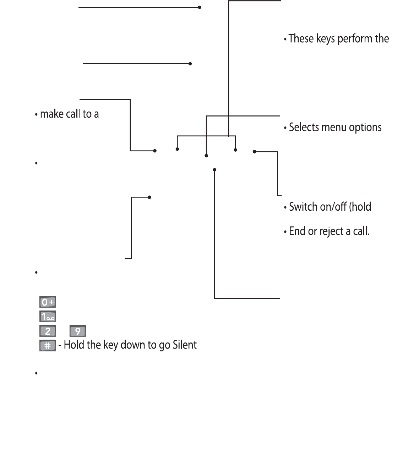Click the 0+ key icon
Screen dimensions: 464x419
tap(48, 302)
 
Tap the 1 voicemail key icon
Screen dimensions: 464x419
tap(48, 317)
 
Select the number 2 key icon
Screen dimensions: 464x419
tap(48, 331)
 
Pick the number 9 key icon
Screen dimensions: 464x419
tap(78, 331)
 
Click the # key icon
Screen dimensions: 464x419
tap(48, 345)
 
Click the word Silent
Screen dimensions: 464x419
tap(185, 345)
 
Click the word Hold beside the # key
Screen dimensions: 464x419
tap(72, 345)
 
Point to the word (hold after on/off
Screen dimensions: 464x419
tap(360, 206)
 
